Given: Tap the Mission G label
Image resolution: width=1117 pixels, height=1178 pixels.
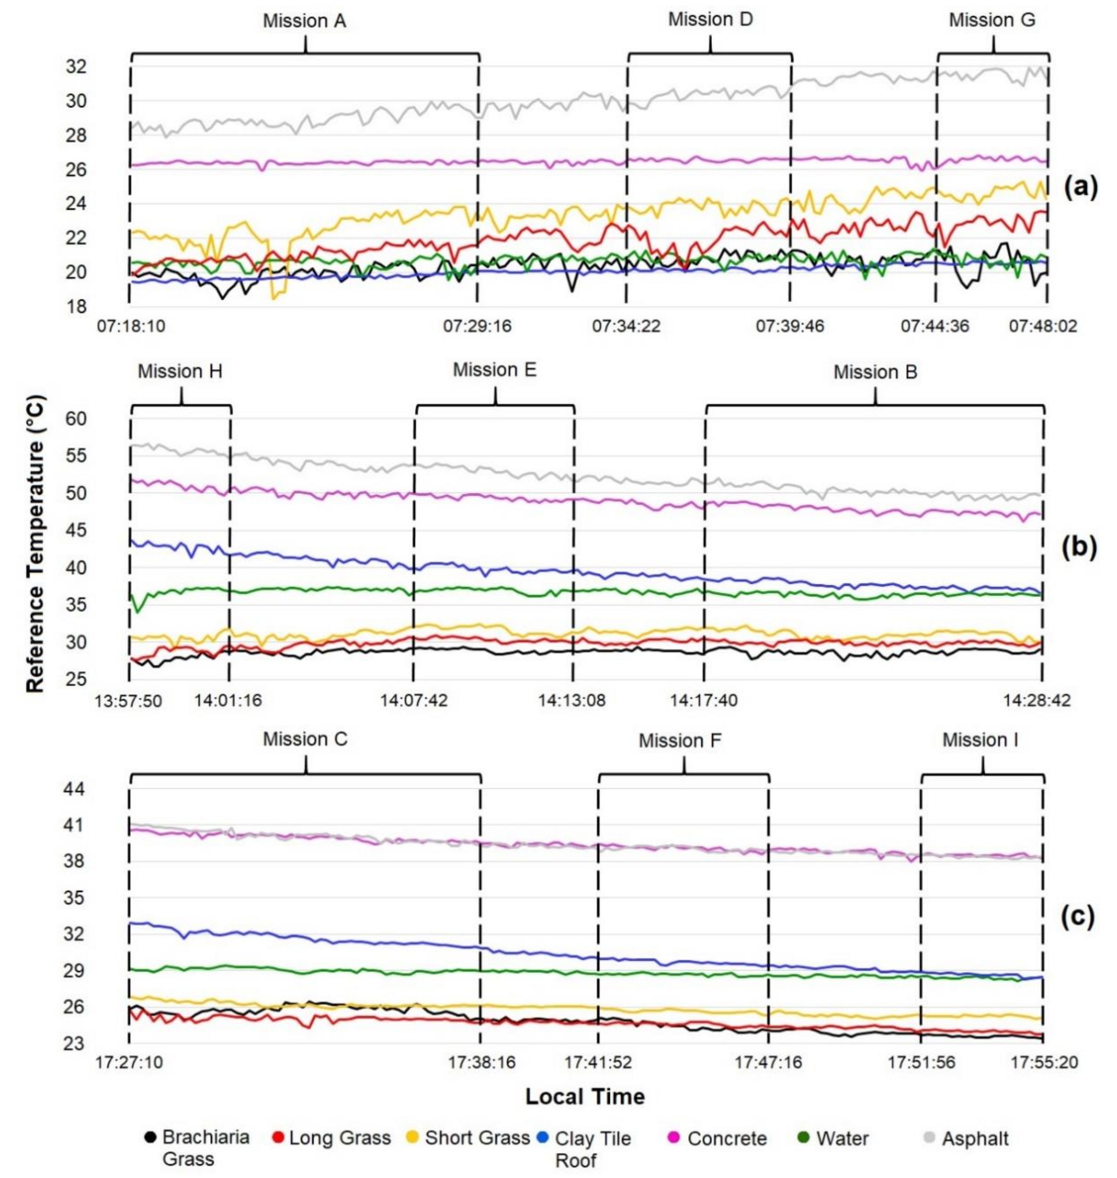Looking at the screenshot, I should tap(992, 20).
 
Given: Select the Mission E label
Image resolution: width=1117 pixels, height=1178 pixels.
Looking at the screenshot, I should tap(495, 370).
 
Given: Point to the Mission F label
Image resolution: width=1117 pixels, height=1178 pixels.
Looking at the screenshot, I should tap(680, 741).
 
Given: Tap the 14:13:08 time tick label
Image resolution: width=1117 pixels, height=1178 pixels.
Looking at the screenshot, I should tap(572, 700).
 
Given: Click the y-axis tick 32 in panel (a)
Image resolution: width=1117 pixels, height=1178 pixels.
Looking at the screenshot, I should tap(76, 67).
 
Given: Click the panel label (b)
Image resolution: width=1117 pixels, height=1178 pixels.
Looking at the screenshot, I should tap(1079, 548).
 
